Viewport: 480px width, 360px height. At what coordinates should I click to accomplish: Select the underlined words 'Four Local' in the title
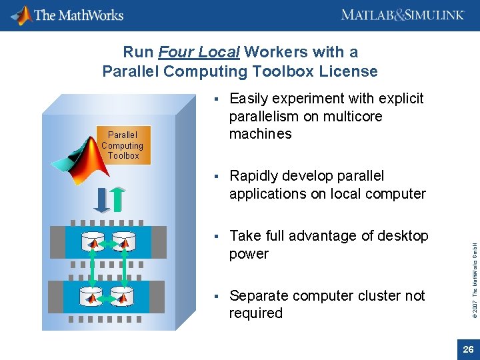(199, 52)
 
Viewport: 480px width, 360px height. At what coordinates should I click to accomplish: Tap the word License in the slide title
(349, 71)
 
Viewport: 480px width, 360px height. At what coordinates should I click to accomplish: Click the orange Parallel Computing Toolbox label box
(123, 145)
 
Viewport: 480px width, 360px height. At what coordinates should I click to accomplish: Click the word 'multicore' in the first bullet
(351, 117)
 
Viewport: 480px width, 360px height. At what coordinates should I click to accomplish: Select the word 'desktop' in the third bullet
(403, 236)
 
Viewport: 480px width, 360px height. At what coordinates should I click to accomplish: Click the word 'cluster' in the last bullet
(377, 295)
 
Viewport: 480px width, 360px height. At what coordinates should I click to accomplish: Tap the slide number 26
(468, 349)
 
